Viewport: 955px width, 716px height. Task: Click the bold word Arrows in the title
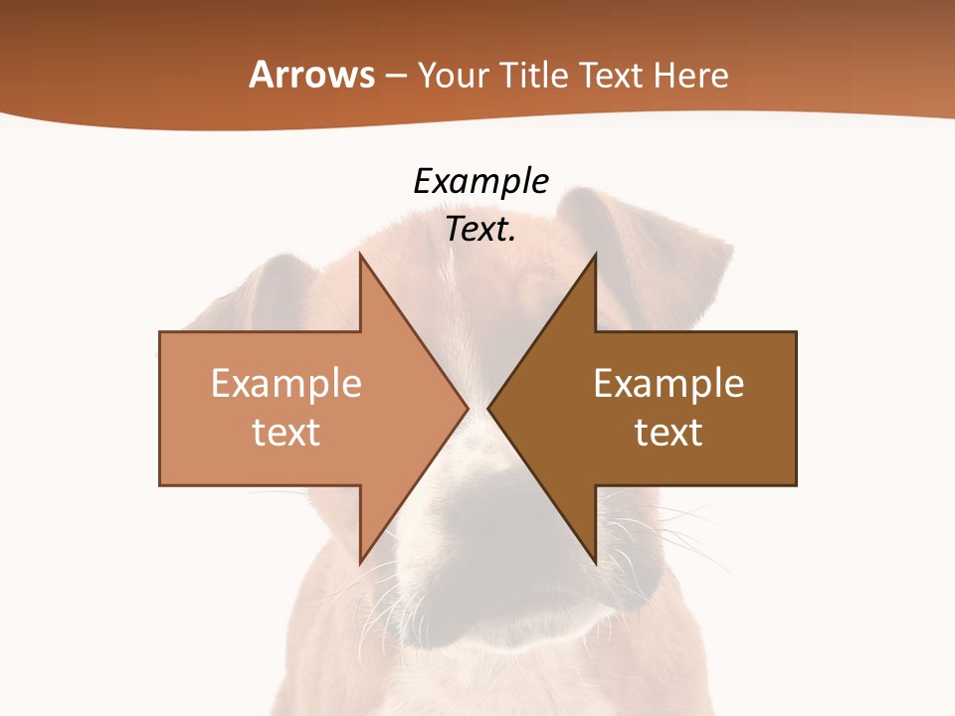point(311,75)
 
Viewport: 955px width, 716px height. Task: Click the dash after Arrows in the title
point(395,77)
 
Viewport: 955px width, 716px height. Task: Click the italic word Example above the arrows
point(480,181)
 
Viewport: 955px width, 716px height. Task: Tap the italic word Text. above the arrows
point(480,229)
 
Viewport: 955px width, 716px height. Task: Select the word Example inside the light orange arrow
point(286,384)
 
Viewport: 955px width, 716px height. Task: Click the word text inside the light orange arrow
point(286,433)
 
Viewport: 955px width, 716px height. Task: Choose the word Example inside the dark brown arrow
point(668,384)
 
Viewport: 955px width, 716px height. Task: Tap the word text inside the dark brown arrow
point(668,433)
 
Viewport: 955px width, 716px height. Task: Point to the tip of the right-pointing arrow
point(468,408)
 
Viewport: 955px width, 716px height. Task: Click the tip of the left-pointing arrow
point(488,408)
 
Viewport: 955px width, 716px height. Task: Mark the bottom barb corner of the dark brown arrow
point(596,564)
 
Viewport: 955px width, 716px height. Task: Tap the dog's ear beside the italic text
point(647,239)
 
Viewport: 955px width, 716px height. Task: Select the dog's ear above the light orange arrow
point(269,293)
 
